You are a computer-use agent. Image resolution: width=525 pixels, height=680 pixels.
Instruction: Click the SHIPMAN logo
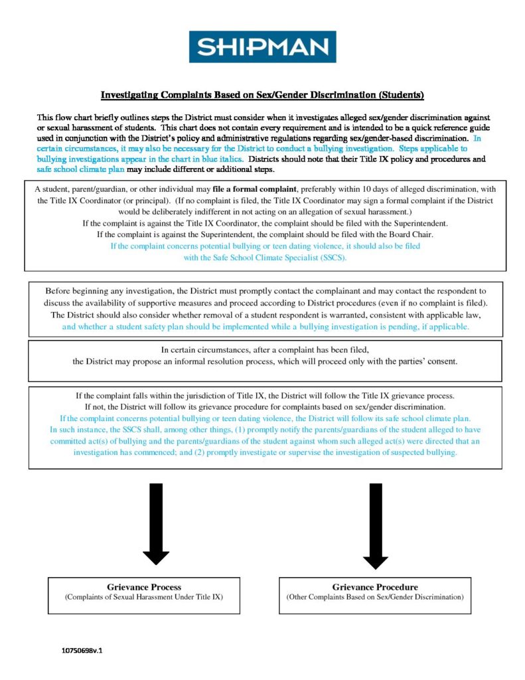point(262,47)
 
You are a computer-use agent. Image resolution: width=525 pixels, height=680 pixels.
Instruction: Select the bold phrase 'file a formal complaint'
point(254,189)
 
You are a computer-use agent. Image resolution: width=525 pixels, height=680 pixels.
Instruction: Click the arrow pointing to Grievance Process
point(156,525)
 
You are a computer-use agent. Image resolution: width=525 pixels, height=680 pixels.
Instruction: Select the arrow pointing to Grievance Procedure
point(375,525)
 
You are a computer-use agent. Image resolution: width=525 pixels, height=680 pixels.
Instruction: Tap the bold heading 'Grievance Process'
point(144,587)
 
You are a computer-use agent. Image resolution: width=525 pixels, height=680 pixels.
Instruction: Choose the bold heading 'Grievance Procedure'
point(375,587)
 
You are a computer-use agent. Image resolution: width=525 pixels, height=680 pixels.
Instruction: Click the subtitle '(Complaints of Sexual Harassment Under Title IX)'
point(144,598)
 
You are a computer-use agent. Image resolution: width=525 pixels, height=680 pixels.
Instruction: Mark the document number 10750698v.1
point(82,651)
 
